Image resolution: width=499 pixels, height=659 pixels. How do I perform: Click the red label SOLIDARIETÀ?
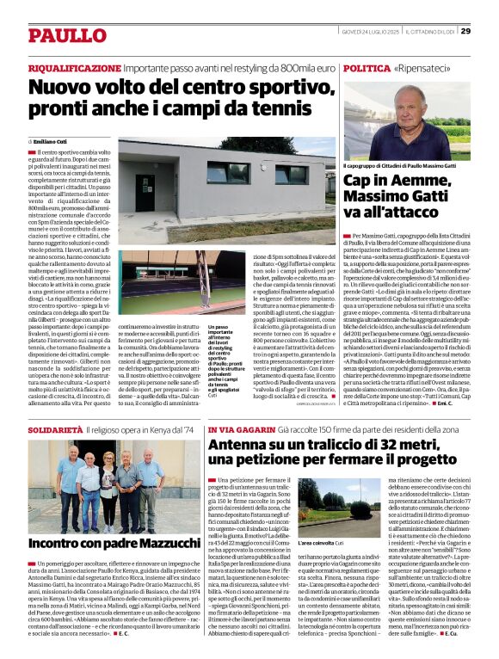pos(55,428)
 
